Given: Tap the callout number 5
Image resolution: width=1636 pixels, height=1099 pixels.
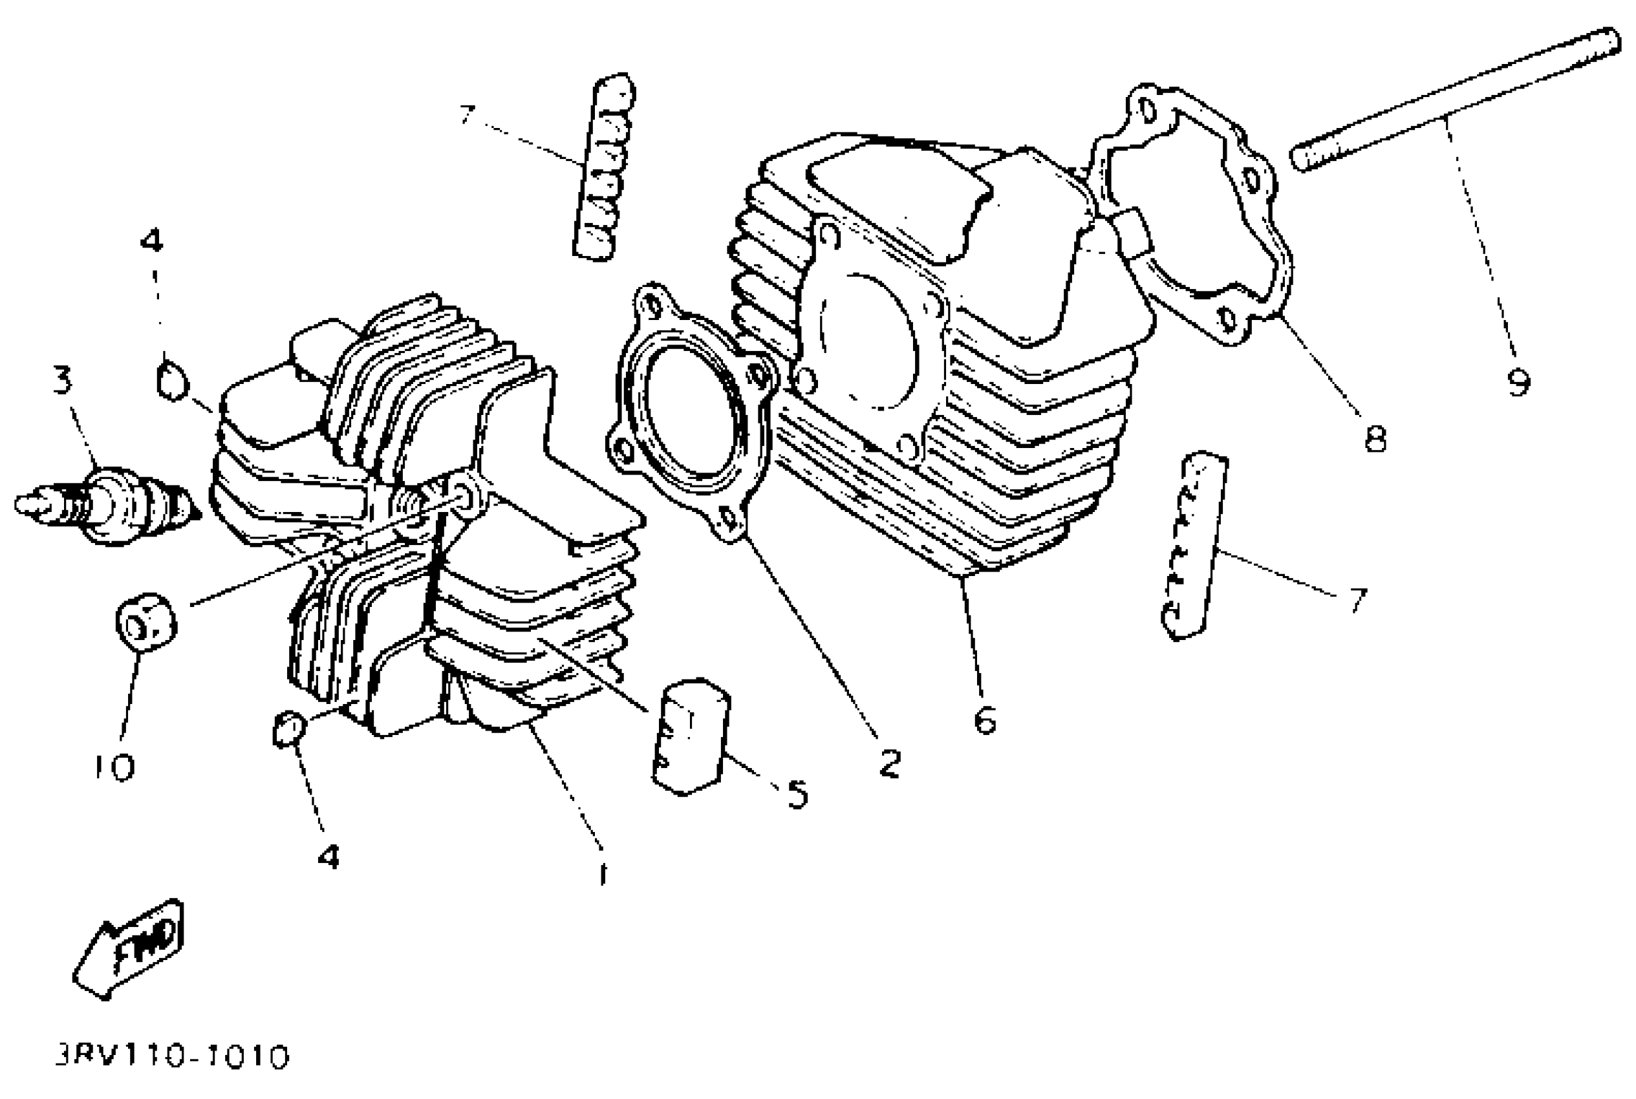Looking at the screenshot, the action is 797,794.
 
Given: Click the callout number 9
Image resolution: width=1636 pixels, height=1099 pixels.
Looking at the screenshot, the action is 1518,382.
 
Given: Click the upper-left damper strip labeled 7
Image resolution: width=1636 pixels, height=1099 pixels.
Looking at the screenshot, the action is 601,168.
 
